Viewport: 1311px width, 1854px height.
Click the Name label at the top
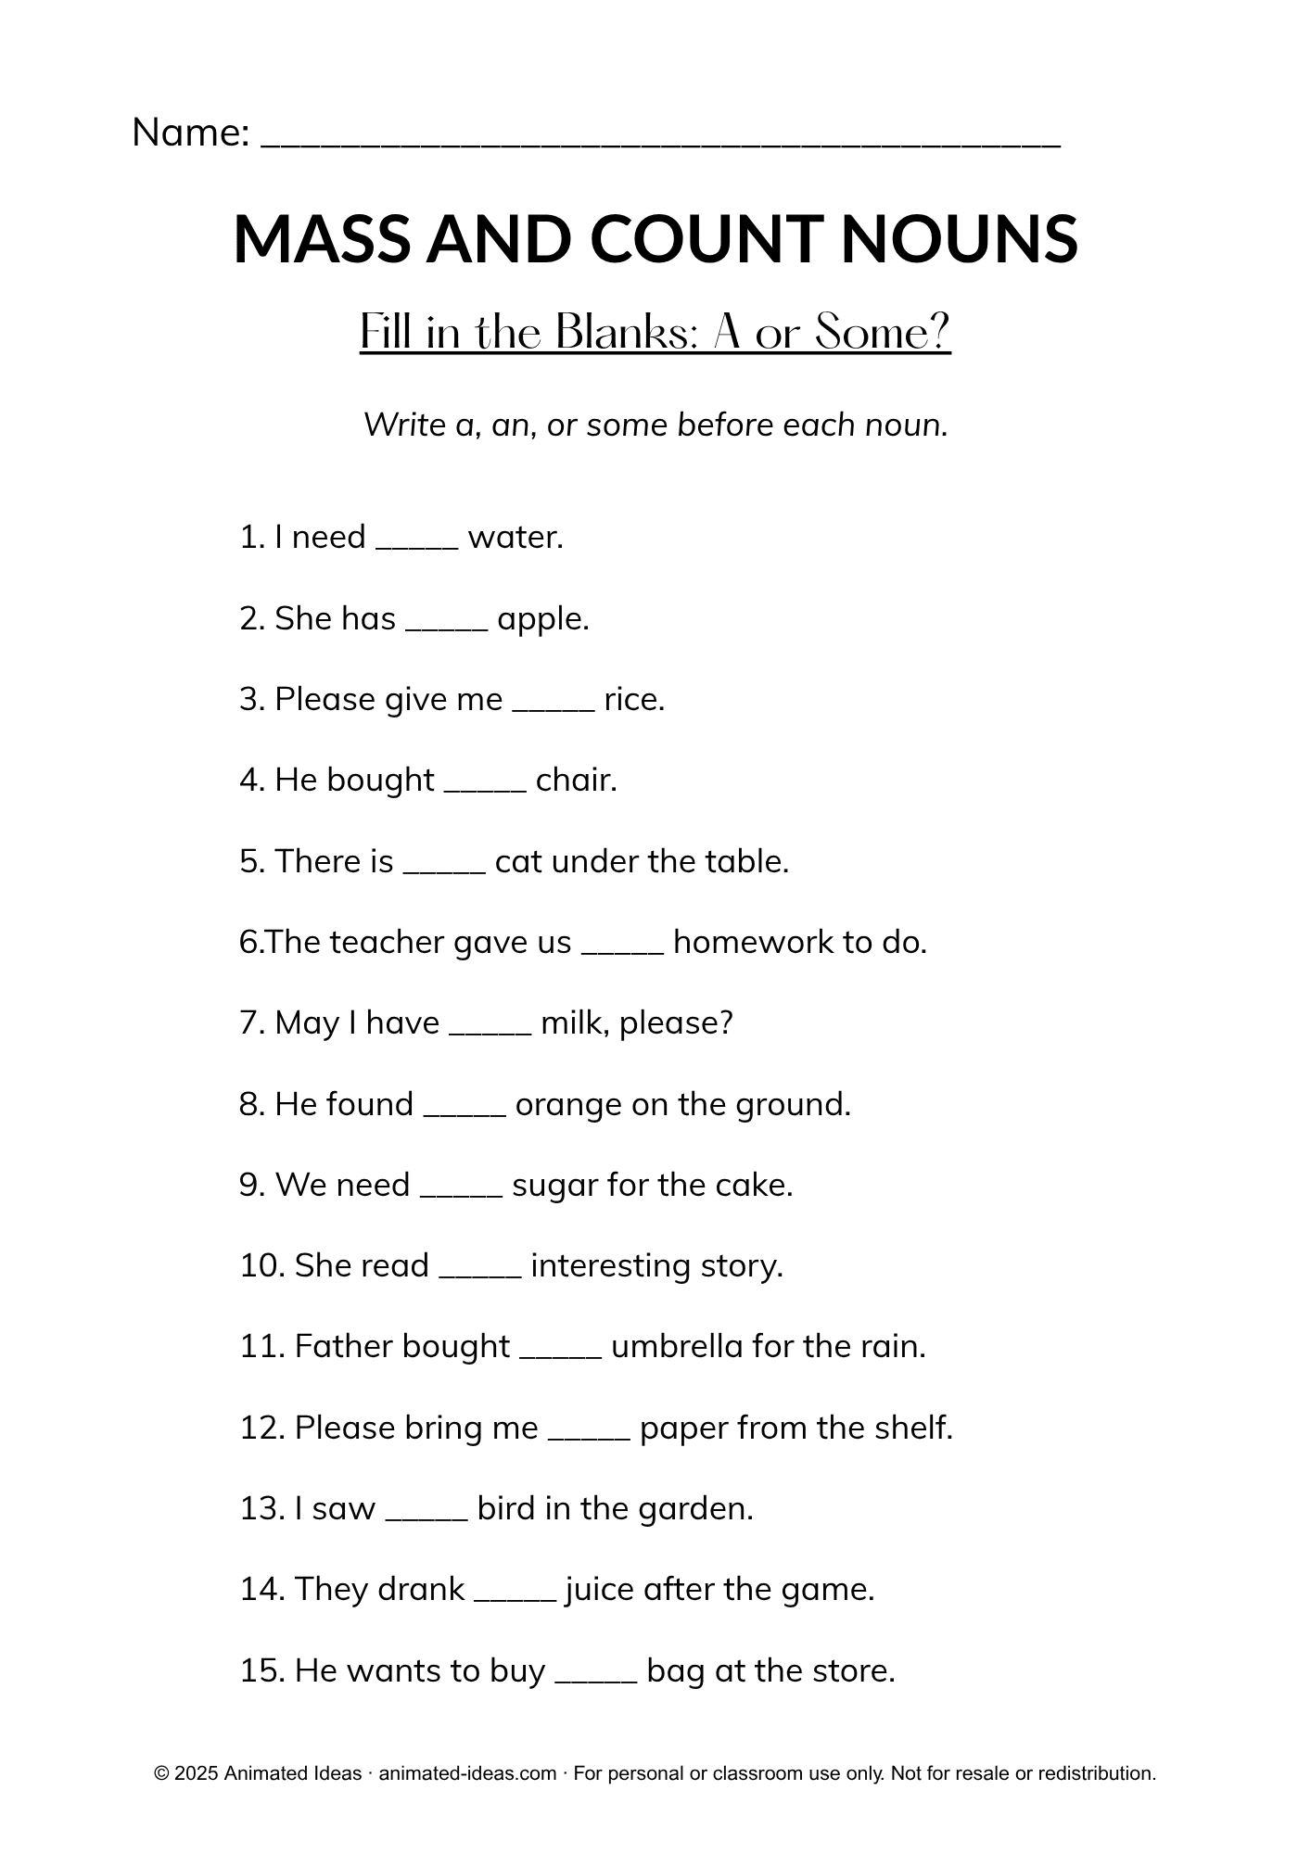[190, 133]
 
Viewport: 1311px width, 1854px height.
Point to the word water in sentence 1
[515, 537]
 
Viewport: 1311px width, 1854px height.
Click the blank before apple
[447, 626]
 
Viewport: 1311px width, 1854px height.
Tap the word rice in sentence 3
[633, 699]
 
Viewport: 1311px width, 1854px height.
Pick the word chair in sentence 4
[575, 780]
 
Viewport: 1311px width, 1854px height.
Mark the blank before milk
[490, 1031]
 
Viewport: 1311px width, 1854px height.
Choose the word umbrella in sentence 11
[677, 1346]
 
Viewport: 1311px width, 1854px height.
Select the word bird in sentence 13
[505, 1508]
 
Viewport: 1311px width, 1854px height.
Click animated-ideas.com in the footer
[467, 1773]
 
